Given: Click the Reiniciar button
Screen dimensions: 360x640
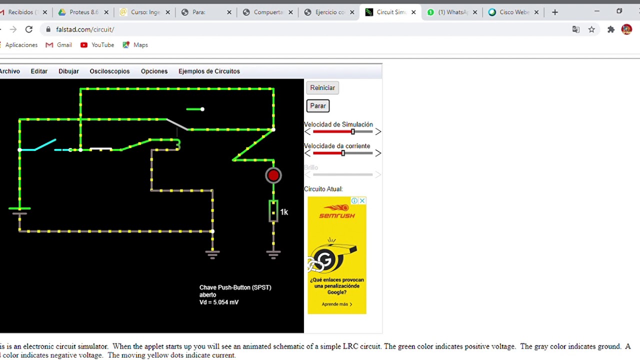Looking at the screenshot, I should (x=322, y=88).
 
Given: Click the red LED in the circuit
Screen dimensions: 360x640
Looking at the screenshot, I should (x=273, y=175).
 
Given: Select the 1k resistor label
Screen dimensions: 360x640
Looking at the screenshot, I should (x=284, y=212).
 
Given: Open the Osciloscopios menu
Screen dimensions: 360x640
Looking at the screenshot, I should (x=109, y=71).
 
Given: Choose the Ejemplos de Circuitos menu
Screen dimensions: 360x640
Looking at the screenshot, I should (x=209, y=71).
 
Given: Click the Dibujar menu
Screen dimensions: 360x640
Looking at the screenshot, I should (x=68, y=71).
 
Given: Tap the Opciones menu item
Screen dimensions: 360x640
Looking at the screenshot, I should (x=154, y=71).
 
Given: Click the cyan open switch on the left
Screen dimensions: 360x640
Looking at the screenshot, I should (x=45, y=145).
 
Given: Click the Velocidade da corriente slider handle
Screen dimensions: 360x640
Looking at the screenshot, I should (x=343, y=153).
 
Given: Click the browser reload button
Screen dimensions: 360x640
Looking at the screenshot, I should (x=29, y=29).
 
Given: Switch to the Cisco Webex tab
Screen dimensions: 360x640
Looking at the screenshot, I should (x=513, y=12).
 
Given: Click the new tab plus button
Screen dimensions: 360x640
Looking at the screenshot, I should (x=555, y=12).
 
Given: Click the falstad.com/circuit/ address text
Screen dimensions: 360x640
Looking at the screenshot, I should (x=85, y=29).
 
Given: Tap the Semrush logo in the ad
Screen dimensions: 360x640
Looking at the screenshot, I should (x=337, y=211).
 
